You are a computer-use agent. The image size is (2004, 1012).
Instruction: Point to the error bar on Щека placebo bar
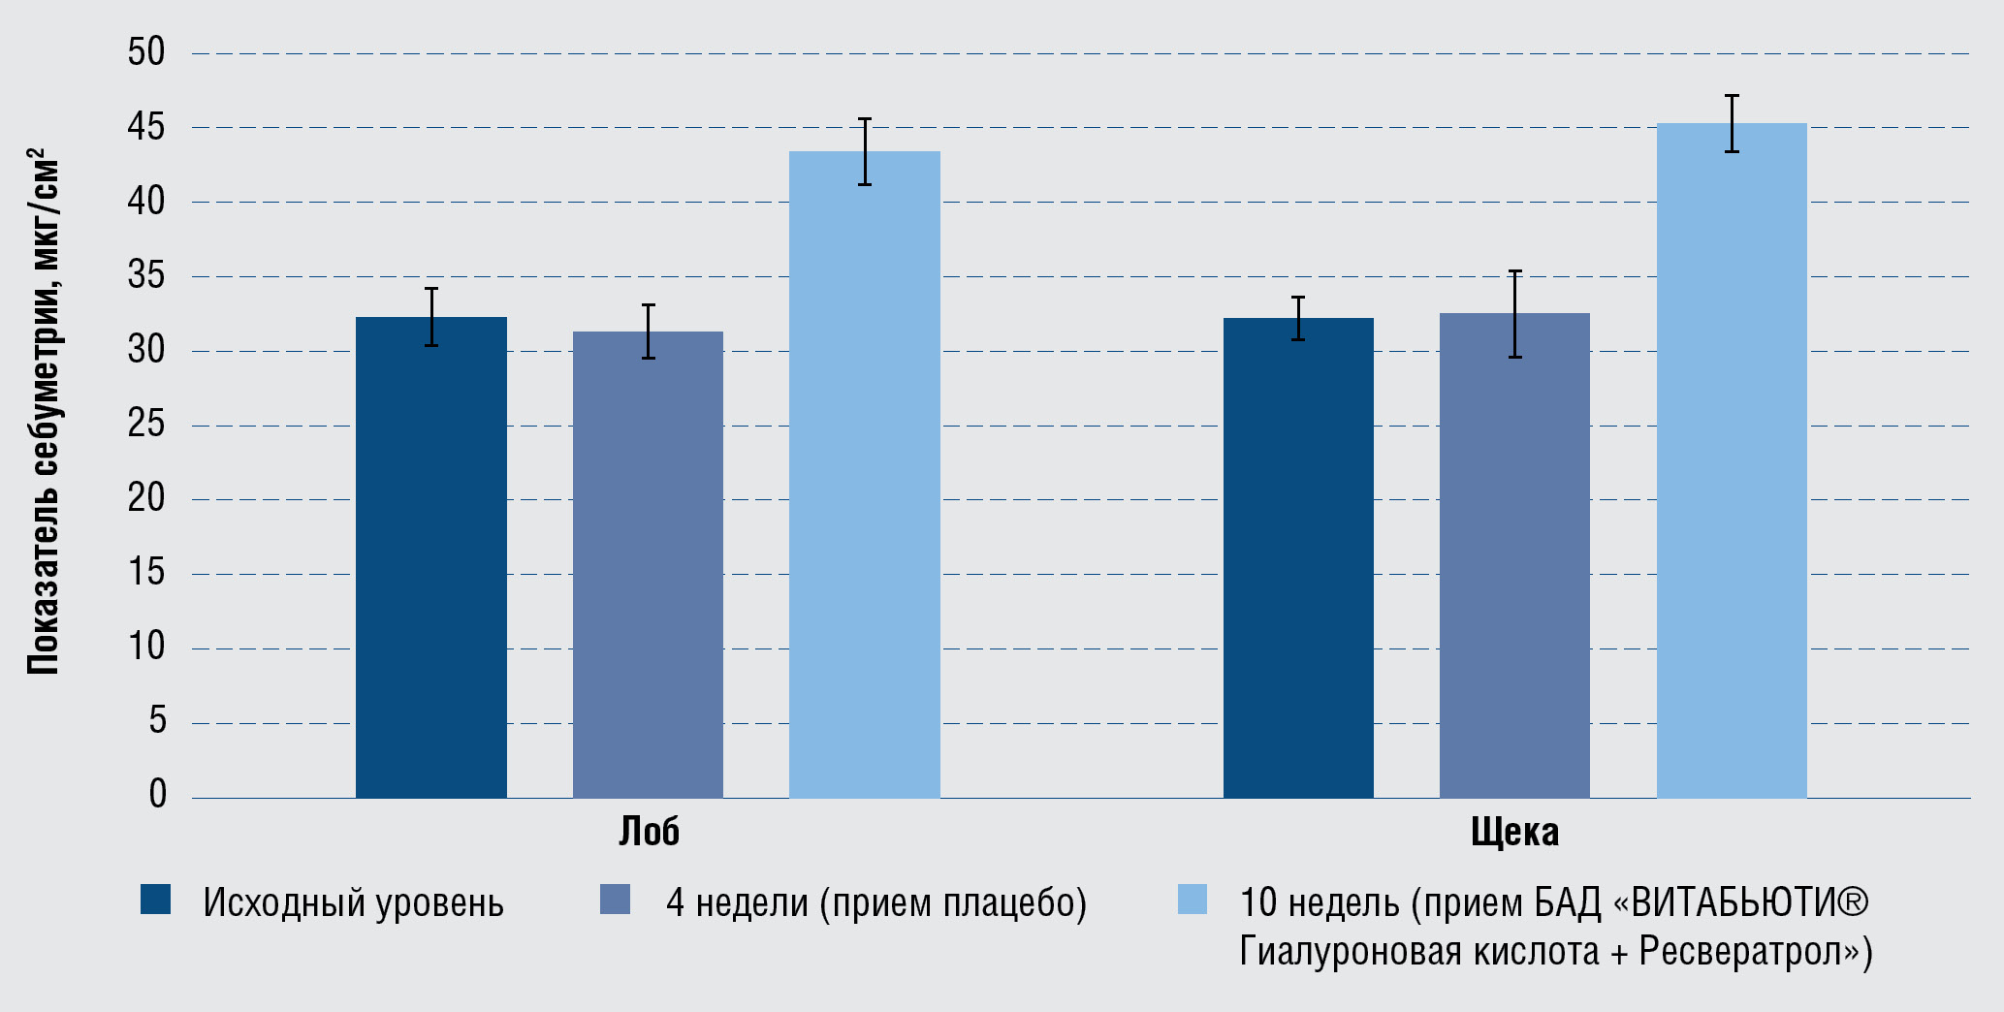pos(1514,314)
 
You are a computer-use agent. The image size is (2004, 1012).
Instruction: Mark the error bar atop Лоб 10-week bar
pos(865,151)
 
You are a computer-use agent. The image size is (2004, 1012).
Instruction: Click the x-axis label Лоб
pos(649,832)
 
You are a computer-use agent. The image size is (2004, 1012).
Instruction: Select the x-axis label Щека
pos(1514,832)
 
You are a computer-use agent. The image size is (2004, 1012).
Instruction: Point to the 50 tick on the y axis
pos(146,52)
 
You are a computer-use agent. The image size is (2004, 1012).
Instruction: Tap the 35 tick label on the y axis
pos(146,276)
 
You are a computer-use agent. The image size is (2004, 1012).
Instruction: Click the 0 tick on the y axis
pos(157,795)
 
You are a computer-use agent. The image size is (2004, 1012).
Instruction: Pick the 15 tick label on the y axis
pos(146,573)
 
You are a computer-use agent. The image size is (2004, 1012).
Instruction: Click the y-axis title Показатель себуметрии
pos(44,411)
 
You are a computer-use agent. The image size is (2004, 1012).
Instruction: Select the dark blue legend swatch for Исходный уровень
pos(155,900)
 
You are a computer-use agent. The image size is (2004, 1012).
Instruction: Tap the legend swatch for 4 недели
pos(615,900)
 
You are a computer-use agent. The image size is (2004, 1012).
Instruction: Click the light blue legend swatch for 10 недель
pos(1192,900)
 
